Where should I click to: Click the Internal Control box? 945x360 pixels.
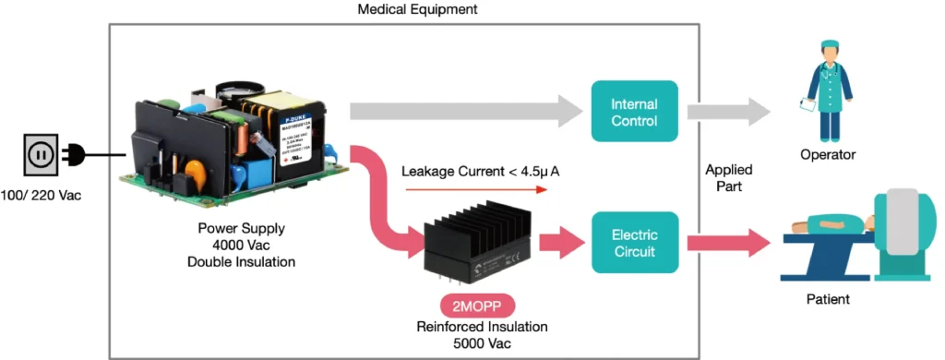[x=634, y=112]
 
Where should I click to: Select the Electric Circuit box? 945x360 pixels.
[x=634, y=242]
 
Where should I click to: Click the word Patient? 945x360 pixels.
[x=826, y=299]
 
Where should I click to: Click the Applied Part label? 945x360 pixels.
[x=728, y=178]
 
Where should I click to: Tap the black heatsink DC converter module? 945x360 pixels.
[x=476, y=246]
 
